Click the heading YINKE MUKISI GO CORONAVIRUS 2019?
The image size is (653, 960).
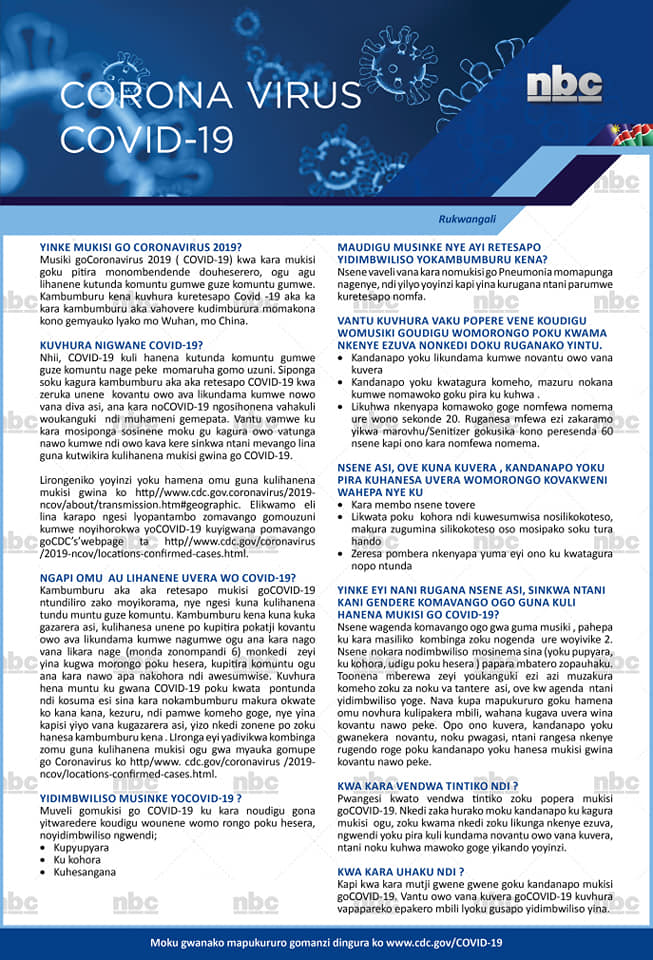(x=141, y=246)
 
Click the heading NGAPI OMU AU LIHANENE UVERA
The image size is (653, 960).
(x=168, y=577)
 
